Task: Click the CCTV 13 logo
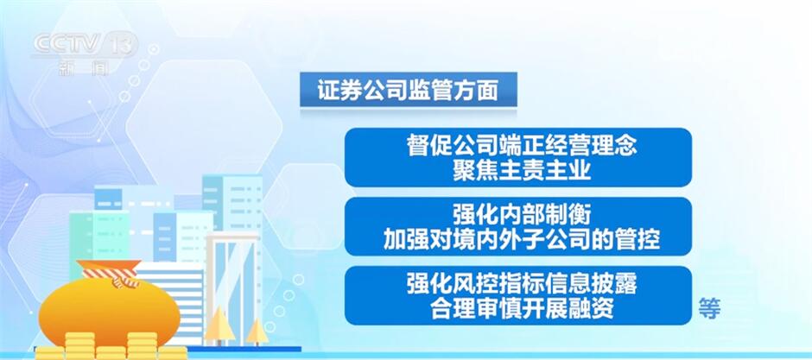86,44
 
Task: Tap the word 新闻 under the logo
83,67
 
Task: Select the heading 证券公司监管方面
408,91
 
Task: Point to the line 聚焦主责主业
522,171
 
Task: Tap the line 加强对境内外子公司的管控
522,240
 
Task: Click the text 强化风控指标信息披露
521,286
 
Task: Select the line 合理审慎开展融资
522,309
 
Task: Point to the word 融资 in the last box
591,309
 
